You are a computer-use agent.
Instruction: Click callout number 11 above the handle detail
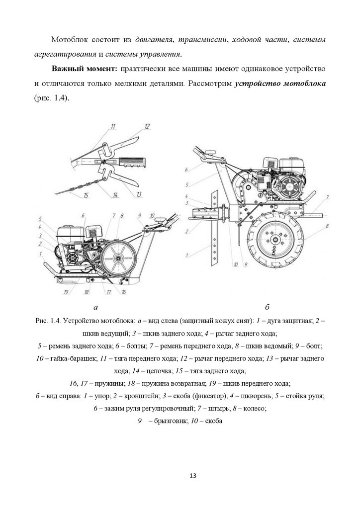113,127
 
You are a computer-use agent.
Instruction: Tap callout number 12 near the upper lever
148,127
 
